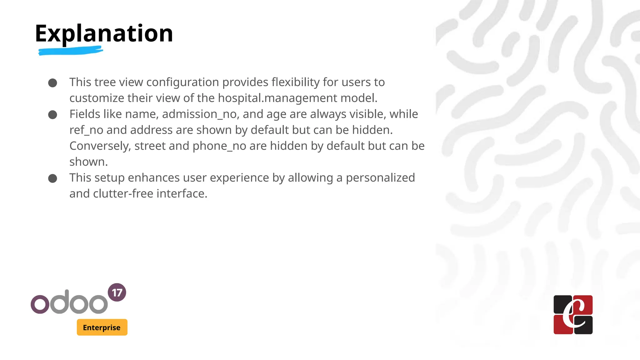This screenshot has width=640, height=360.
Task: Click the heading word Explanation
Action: pyautogui.click(x=104, y=34)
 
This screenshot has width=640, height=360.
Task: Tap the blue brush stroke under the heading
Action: pyautogui.click(x=71, y=51)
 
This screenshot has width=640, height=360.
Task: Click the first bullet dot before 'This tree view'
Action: pyautogui.click(x=52, y=83)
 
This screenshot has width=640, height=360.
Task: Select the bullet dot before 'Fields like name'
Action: pyautogui.click(x=52, y=115)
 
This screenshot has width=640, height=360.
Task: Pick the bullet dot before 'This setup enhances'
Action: pyautogui.click(x=52, y=178)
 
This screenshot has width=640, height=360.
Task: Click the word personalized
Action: pyautogui.click(x=380, y=178)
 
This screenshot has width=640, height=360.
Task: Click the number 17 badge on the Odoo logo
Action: pyautogui.click(x=117, y=292)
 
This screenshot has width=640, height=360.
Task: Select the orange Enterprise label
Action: pyautogui.click(x=102, y=327)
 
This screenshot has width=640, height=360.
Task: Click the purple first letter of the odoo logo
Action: pyautogui.click(x=40, y=304)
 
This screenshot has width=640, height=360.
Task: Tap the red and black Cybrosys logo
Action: pyautogui.click(x=573, y=315)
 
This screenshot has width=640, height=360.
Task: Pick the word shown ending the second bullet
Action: pyautogui.click(x=88, y=162)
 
